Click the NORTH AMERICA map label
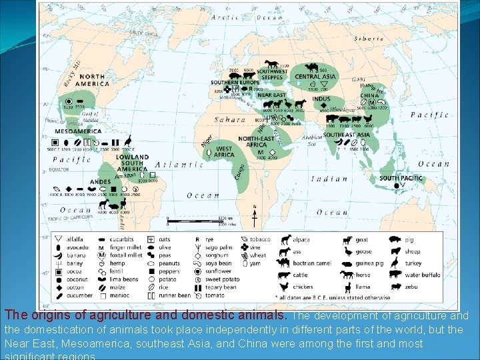93,80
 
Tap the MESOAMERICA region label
79,131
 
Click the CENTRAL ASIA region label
315,77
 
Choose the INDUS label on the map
321,99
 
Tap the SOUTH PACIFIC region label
401,178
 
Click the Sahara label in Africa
229,120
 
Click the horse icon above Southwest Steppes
271,64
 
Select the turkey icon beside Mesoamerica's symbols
128,140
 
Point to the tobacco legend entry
260,239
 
